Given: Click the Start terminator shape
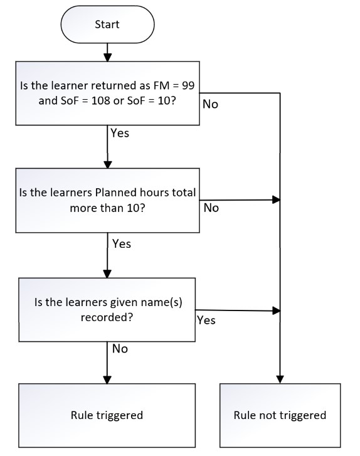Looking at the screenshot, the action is pos(107,24).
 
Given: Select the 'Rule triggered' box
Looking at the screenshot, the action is pos(107,415).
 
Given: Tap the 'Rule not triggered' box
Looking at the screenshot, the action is pos(280,415).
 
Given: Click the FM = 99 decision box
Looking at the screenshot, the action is pos(108,93).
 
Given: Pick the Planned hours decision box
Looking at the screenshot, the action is pos(108,200).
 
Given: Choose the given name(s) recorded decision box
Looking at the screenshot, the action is pos(107,310).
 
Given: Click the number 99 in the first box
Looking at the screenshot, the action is pos(188,85).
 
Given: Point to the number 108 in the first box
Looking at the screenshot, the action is pos(101,100).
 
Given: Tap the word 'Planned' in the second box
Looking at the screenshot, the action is pos(115,193).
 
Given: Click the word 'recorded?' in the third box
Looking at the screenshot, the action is pos(107,317).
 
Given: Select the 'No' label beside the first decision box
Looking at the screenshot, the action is pos(210,104).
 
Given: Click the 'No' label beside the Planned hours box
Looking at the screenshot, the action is pos(211,208).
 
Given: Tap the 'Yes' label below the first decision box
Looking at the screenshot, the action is pos(120,133).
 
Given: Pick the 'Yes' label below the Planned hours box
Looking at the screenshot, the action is pos(122,243).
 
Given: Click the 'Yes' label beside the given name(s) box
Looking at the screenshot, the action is pos(206,320).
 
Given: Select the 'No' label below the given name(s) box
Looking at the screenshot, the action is pos(120,348).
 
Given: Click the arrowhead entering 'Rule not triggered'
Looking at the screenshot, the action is pos(280,379).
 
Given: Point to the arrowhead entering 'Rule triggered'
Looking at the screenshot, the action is pos(107,379).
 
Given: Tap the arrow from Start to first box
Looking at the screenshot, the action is pos(108,52).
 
